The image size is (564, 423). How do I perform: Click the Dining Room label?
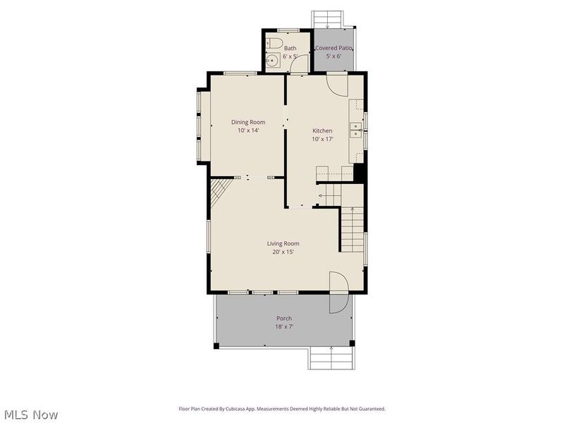(248, 122)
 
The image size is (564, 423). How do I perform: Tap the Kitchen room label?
(322, 131)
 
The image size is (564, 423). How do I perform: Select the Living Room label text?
(283, 243)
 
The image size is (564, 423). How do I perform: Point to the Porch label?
(284, 319)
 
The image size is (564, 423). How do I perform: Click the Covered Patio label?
(333, 48)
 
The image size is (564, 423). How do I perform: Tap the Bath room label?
(290, 48)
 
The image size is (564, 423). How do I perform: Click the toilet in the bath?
(274, 43)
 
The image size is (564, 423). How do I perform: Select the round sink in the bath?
(273, 60)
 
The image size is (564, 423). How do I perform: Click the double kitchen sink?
(356, 130)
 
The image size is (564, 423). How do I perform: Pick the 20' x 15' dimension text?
(283, 252)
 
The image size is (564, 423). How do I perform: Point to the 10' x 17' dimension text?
(322, 139)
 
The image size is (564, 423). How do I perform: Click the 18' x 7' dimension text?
(284, 327)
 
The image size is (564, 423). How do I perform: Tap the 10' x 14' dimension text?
(248, 130)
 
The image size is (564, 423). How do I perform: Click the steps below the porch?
(331, 357)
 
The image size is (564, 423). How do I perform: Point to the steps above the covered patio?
(327, 19)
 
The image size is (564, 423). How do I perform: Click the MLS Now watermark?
(31, 415)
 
